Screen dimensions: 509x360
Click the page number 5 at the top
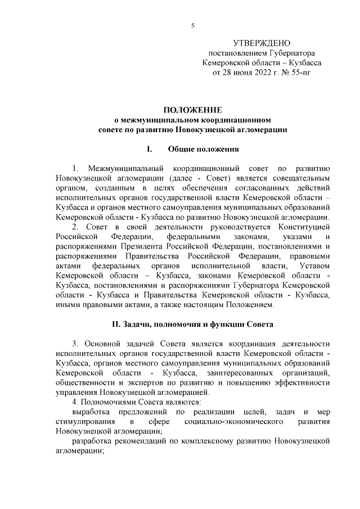[193, 25]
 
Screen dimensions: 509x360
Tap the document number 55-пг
[313, 73]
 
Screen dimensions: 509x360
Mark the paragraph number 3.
[75, 344]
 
